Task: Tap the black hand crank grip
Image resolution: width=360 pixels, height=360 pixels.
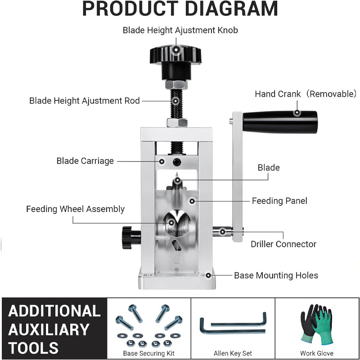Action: click(280, 121)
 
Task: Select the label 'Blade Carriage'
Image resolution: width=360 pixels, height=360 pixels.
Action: click(85, 161)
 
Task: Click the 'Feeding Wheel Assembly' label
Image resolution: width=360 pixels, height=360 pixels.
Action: click(75, 209)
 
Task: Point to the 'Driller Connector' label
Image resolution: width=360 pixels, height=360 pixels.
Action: click(283, 244)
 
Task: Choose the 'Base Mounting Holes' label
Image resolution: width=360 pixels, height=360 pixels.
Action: click(276, 275)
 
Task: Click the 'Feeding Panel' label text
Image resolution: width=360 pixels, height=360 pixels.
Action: click(279, 201)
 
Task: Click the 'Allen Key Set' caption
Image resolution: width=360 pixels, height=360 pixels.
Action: click(232, 353)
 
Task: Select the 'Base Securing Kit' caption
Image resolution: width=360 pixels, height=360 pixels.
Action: click(149, 353)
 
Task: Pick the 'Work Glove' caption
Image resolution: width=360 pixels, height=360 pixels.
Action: click(317, 353)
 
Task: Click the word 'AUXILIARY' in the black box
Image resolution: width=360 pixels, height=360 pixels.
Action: click(49, 329)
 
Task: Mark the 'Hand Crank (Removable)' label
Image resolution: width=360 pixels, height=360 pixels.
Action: click(306, 94)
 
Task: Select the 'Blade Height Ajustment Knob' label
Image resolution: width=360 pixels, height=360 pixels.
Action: click(180, 30)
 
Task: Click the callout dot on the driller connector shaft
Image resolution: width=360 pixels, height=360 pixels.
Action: click(223, 232)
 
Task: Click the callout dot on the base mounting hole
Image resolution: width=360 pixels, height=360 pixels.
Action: click(207, 275)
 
